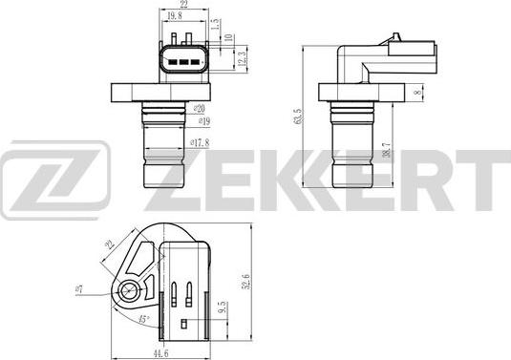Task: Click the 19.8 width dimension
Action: [173, 15]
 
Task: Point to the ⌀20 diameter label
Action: [198, 109]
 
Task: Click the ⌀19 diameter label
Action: [202, 121]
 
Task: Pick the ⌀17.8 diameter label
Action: [200, 142]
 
